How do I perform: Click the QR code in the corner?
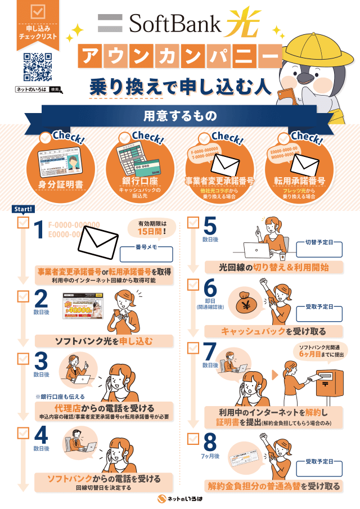tap(38, 67)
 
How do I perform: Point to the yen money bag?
tap(247, 302)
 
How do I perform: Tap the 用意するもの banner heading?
tap(179, 116)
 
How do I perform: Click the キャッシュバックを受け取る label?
tap(273, 331)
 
